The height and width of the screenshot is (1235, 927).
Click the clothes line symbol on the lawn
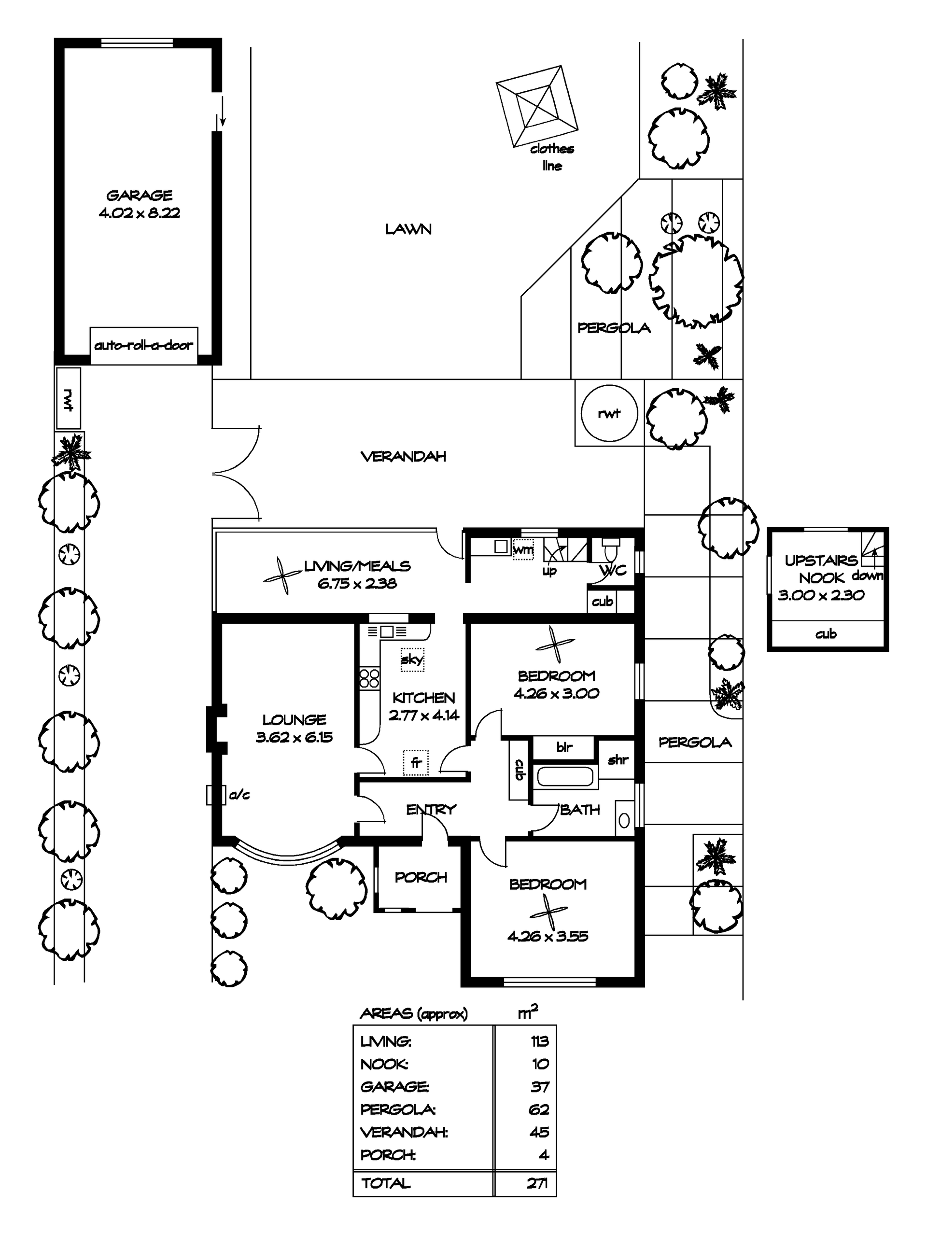537,106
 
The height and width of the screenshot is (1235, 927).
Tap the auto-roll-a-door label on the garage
143,345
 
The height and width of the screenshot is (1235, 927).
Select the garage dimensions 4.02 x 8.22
140,213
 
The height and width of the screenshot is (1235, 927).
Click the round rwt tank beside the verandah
609,413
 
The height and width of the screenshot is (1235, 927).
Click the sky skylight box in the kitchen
412,660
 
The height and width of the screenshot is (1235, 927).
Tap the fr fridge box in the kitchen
416,763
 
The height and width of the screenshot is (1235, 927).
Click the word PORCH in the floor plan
421,877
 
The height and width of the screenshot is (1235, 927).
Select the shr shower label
618,759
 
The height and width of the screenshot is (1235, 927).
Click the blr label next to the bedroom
564,747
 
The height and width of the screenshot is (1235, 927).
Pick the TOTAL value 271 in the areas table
537,1182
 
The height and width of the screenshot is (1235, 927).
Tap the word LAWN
408,229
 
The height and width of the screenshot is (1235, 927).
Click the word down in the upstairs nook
867,575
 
